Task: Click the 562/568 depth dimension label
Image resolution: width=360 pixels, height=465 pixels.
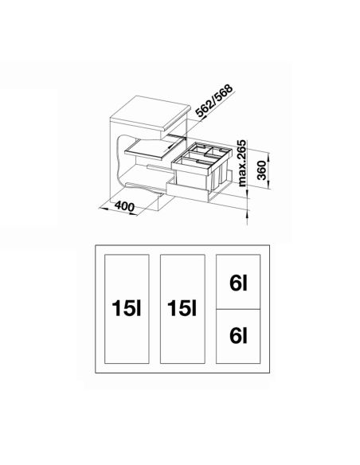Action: click(215, 101)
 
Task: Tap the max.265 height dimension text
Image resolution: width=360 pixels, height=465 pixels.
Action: click(242, 162)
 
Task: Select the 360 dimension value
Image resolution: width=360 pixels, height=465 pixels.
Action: click(261, 170)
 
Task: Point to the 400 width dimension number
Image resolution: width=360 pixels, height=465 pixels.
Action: click(124, 206)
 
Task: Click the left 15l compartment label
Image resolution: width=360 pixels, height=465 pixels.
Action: click(127, 308)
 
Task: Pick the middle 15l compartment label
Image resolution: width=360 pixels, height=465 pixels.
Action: click(182, 308)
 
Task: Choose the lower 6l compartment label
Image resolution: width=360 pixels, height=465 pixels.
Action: click(238, 335)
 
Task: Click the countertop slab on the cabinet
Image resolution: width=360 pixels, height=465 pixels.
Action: click(150, 114)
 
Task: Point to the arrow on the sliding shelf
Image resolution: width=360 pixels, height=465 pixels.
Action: click(171, 146)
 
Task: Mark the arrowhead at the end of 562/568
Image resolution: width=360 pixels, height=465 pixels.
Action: click(201, 116)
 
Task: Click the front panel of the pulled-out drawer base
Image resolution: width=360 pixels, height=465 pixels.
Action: click(187, 190)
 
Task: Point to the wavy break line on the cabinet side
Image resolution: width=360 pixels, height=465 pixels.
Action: click(119, 160)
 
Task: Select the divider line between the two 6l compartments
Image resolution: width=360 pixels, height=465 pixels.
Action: click(238, 309)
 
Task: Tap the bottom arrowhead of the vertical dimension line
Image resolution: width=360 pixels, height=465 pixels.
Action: click(248, 221)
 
